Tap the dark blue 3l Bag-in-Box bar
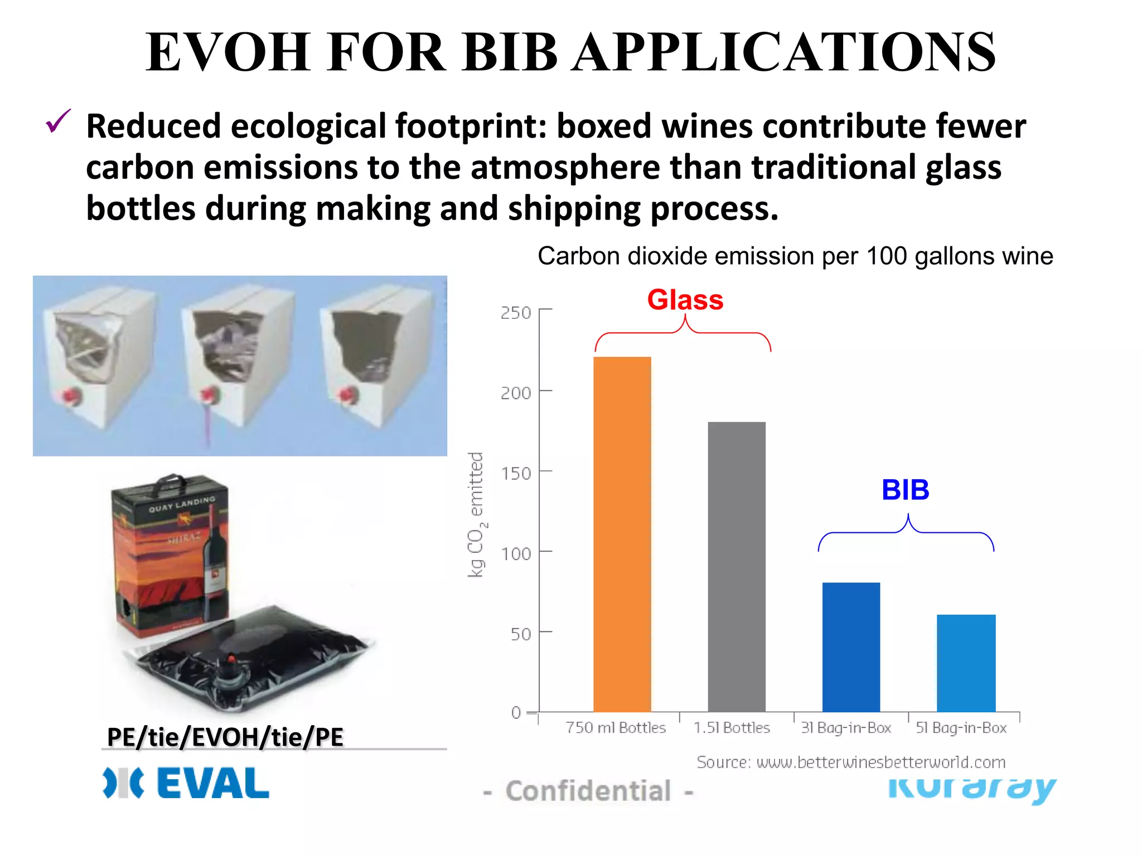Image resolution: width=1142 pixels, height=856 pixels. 851,647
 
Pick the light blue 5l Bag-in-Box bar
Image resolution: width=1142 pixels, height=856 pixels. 966,663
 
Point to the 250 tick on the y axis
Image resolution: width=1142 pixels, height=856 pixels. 515,313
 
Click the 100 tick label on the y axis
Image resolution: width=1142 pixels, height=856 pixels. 515,554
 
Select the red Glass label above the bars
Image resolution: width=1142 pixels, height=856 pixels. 685,300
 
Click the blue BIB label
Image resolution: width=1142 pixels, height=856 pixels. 905,490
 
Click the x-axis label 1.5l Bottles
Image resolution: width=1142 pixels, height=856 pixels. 732,728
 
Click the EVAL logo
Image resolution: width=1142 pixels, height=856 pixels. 186,783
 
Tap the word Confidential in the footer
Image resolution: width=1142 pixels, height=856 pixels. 588,791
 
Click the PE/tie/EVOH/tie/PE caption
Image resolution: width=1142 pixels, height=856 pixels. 225,737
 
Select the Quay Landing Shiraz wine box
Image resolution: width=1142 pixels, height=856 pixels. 170,557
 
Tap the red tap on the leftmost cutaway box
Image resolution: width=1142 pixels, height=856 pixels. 71,396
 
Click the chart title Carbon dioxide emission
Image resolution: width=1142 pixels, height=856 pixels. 795,256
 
